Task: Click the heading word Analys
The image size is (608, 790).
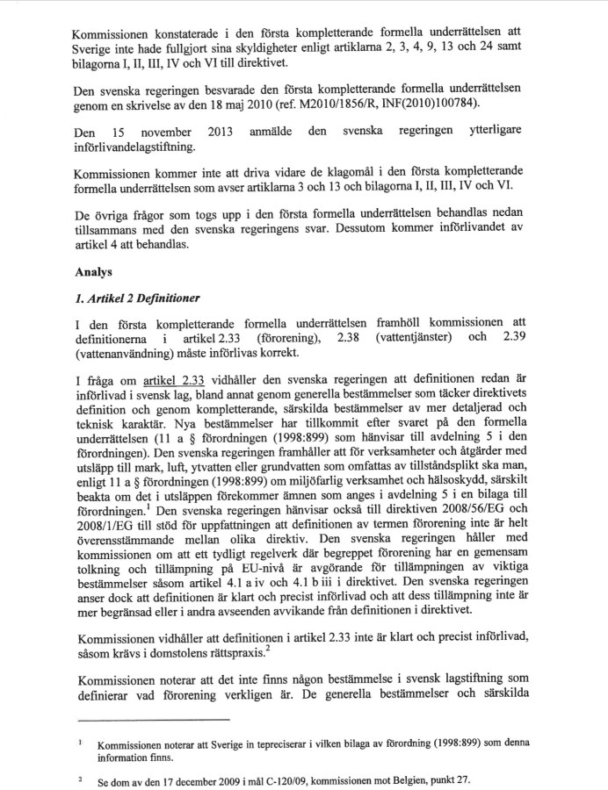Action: click(x=94, y=273)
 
